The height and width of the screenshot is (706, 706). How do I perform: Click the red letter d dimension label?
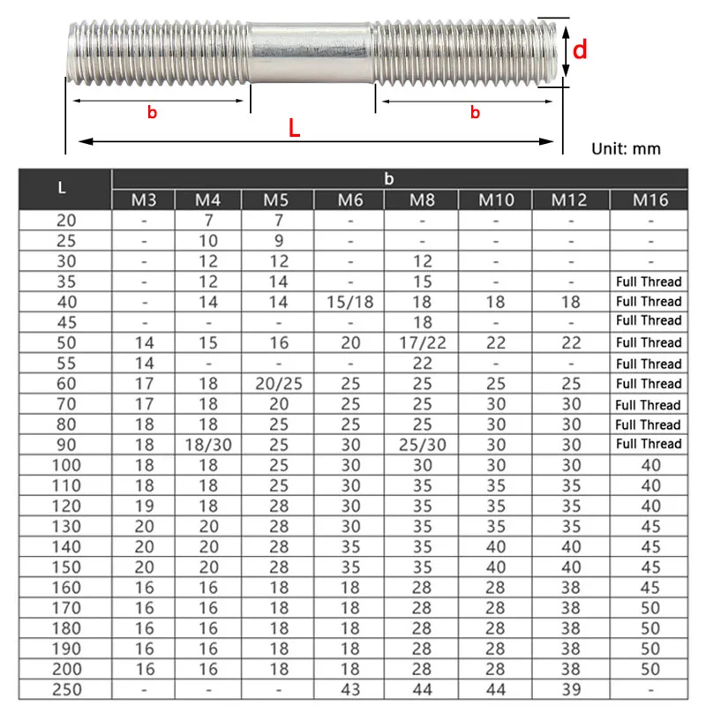(580, 49)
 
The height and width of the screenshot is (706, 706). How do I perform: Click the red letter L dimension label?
(294, 127)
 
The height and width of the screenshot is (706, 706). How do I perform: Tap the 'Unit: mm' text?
(625, 148)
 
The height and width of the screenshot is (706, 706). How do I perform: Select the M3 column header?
(144, 200)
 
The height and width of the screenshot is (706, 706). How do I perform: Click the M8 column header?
(422, 200)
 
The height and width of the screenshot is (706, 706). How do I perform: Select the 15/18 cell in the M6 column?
(350, 302)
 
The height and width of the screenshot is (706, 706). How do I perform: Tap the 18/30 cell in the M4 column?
(207, 445)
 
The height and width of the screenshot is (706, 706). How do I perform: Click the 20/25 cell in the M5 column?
(276, 384)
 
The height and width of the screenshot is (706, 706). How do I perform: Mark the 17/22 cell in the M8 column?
(422, 342)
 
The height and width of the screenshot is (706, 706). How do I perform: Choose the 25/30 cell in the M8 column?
(422, 445)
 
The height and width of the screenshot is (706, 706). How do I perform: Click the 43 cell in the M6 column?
(350, 689)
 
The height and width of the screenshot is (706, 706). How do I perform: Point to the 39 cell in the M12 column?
(570, 689)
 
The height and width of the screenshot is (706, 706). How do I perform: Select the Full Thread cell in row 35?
(649, 282)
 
